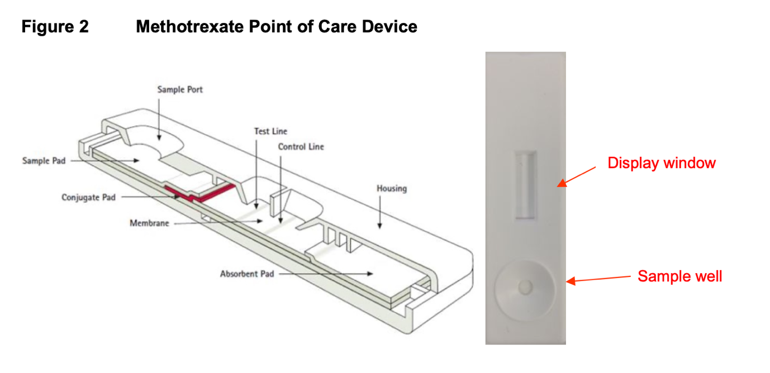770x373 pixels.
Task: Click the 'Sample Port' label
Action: coord(180,89)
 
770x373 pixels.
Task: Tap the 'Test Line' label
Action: coord(270,131)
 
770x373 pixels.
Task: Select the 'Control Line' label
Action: coord(301,147)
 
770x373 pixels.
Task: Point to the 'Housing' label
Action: coord(391,188)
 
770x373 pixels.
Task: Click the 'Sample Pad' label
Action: coord(44,161)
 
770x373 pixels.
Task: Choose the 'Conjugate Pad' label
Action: coord(88,197)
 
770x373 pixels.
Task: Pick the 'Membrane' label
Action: coord(149,223)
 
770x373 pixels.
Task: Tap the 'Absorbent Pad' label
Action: coord(247,274)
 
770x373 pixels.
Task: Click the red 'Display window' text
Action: coord(662,163)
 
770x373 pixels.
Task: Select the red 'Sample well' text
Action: coord(679,276)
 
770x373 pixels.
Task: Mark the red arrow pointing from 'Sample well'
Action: coord(598,279)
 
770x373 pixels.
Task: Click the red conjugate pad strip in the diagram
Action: coord(201,193)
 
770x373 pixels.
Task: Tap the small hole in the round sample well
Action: coord(525,287)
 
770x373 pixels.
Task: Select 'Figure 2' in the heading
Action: coord(55,26)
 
